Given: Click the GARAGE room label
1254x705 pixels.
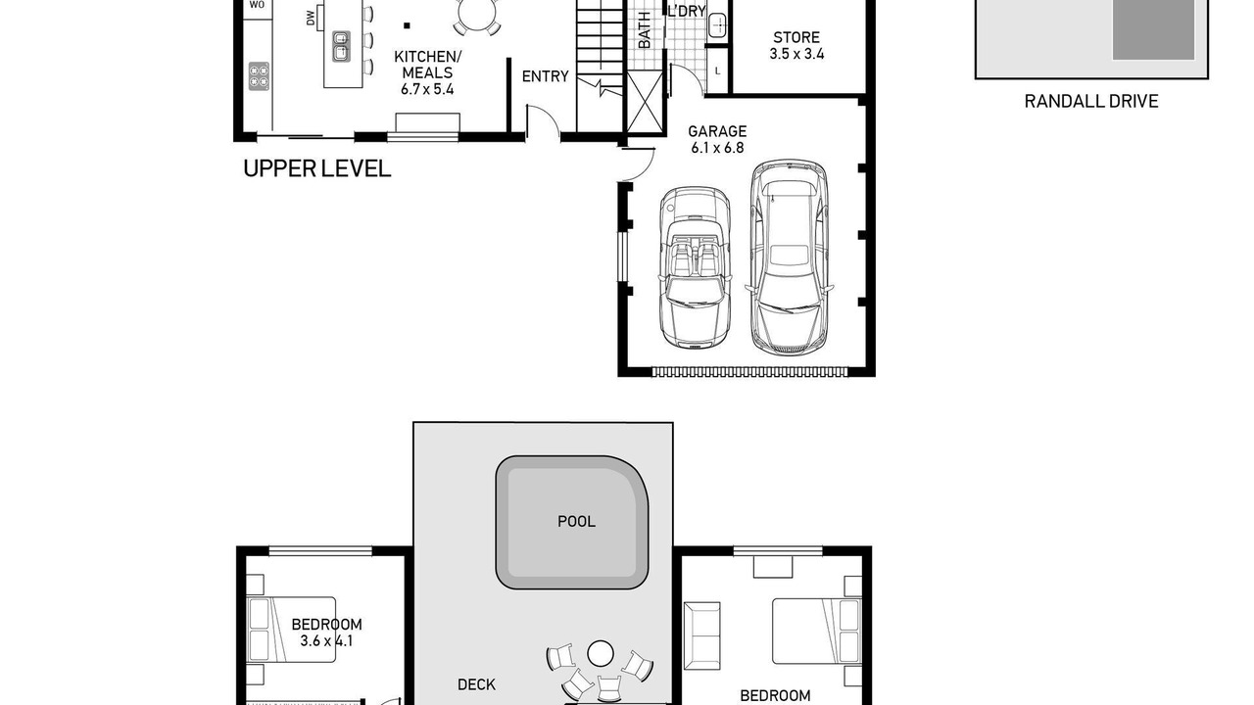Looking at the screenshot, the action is [717, 131].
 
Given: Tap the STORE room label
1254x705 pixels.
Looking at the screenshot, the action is [796, 37].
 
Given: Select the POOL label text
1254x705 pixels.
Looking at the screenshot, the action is [576, 522].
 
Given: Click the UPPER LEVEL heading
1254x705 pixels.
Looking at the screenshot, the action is [316, 168].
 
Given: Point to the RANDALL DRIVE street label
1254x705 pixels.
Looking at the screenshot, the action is [1091, 101].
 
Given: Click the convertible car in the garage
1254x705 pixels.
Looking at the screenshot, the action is [695, 267].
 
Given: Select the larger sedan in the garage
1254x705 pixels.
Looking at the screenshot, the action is [789, 258].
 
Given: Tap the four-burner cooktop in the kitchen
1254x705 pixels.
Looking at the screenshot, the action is [259, 75].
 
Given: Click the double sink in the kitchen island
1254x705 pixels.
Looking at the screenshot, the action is [341, 46].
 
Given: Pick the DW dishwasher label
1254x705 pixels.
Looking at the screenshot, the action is [311, 19].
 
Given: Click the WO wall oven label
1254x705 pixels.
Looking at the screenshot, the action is [257, 5].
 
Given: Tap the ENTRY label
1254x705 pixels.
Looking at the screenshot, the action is [546, 76].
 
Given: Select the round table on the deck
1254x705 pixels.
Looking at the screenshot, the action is [601, 653].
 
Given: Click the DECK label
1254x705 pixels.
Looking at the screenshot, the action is [476, 684].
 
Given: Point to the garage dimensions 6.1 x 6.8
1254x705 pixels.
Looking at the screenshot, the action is [717, 148].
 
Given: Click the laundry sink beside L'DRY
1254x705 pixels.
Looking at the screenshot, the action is [717, 25].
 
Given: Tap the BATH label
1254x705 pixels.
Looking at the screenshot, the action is [645, 30].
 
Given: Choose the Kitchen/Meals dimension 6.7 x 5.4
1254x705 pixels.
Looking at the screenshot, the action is [427, 89].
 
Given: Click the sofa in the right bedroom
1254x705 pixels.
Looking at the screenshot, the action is [702, 635].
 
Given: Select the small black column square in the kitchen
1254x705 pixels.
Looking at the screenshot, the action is [407, 25].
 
